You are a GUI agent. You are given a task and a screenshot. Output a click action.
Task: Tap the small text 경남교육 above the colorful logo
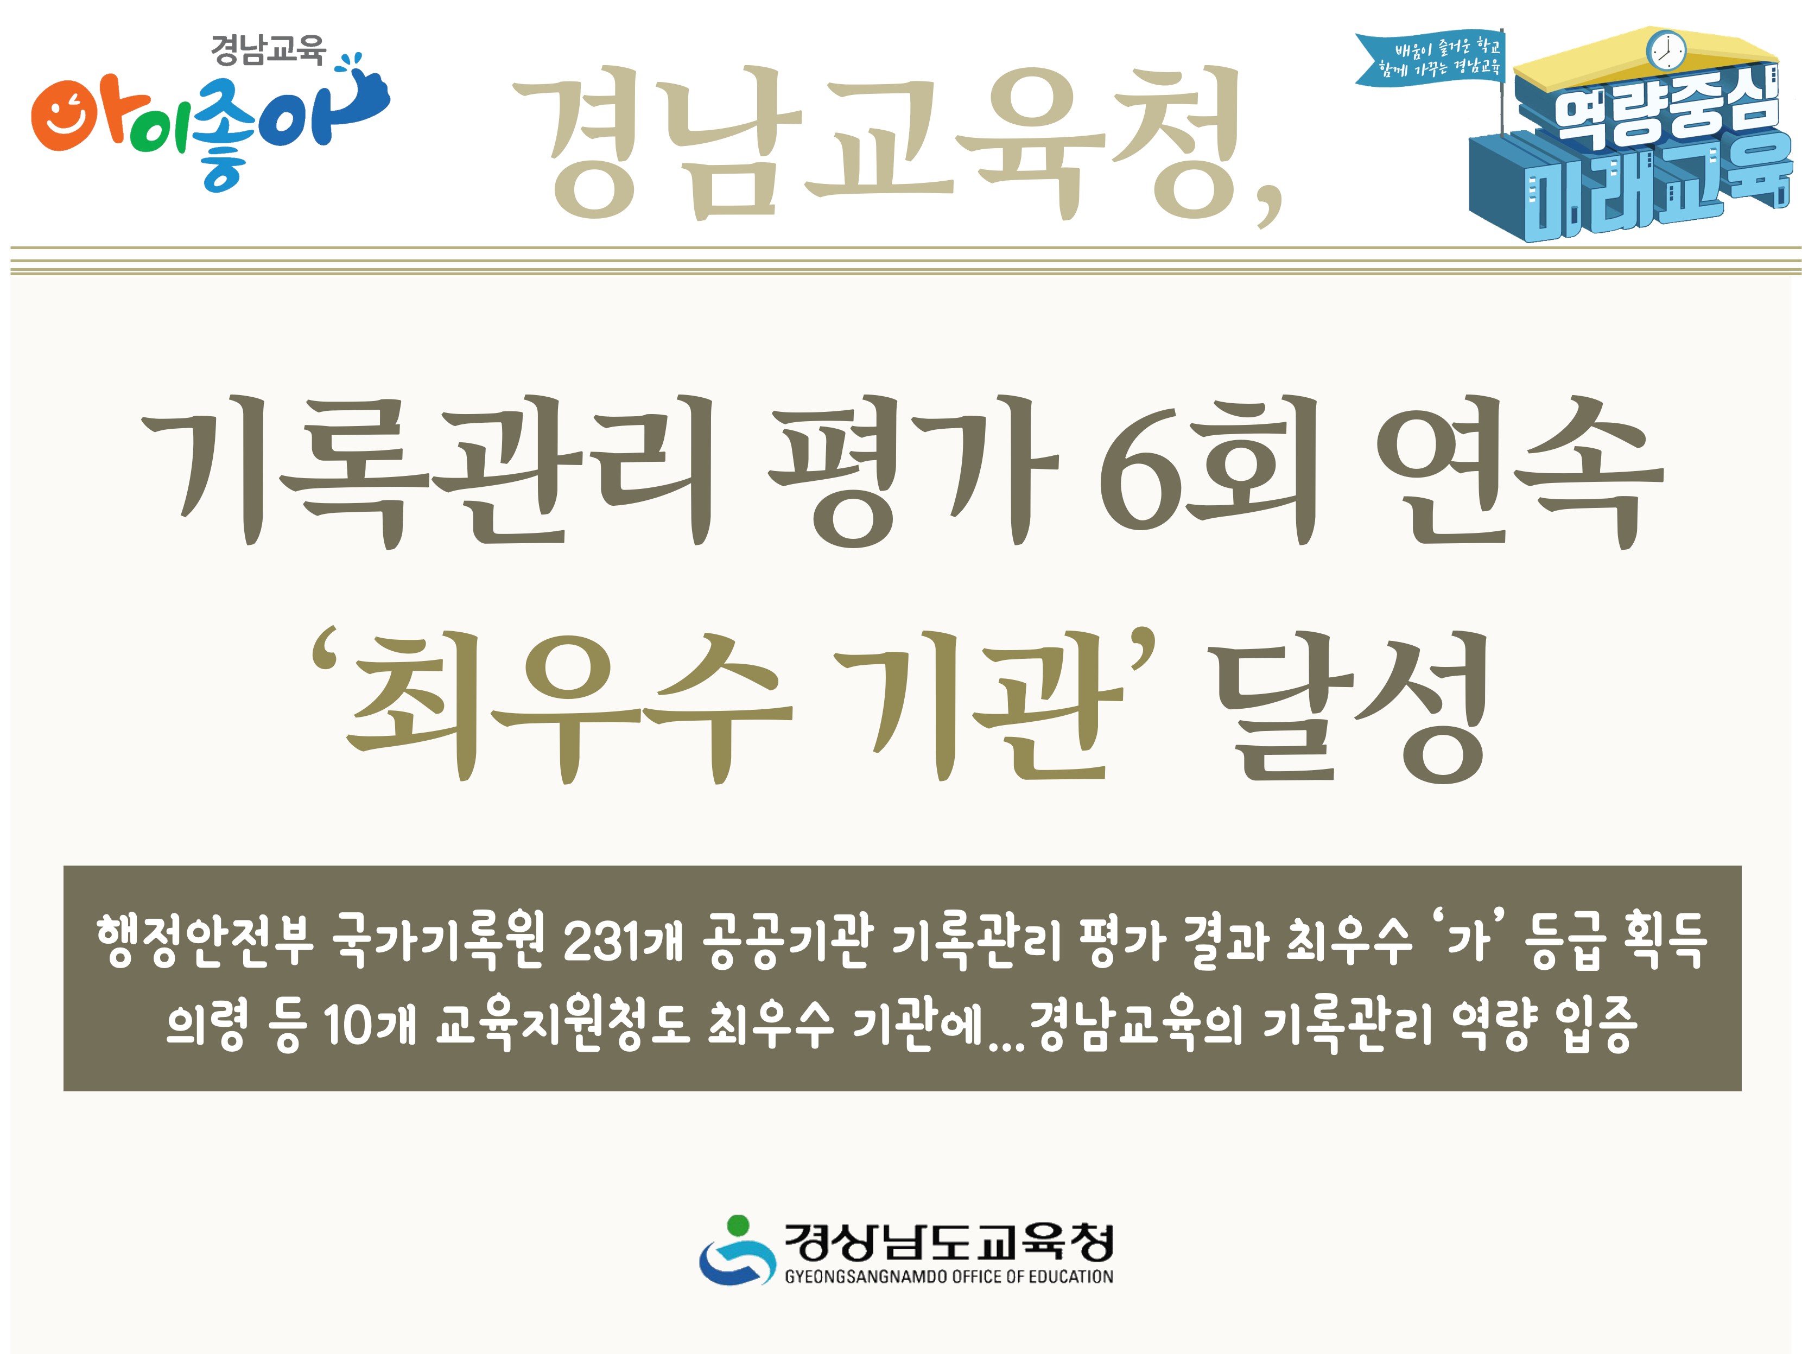(267, 50)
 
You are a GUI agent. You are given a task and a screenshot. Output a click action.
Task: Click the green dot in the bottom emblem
(737, 1224)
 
